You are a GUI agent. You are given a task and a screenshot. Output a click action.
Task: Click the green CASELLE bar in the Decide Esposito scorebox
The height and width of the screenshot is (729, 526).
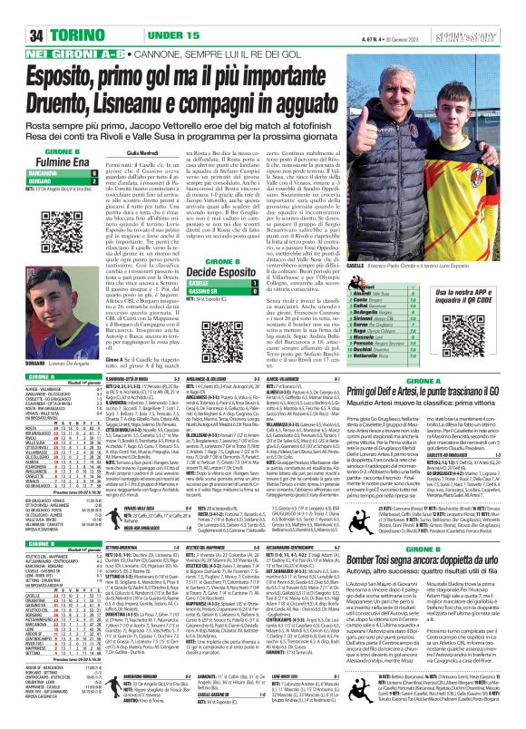click(213, 284)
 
